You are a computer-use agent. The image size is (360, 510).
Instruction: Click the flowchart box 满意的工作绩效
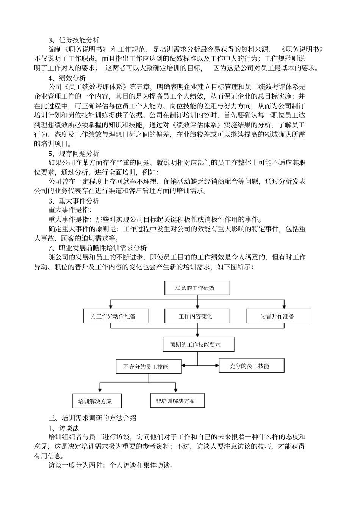(197, 288)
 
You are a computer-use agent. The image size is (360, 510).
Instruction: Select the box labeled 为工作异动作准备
(116, 316)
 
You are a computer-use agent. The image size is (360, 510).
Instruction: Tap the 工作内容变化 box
(197, 316)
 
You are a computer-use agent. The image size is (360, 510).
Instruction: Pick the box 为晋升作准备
(279, 316)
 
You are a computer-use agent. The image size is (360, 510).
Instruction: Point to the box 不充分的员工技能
(149, 367)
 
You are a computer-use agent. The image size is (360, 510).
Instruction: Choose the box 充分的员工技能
(252, 366)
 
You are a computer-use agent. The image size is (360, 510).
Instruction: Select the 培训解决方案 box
(97, 401)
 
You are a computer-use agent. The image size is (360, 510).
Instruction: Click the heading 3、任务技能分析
(74, 40)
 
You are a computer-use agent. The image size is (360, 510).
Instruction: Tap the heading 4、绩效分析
(67, 78)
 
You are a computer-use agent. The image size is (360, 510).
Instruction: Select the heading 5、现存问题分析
(74, 153)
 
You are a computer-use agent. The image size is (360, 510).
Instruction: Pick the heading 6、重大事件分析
(74, 201)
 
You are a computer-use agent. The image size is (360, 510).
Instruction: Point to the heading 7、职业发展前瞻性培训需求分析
(97, 248)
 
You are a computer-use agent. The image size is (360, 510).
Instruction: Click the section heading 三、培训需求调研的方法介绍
(92, 418)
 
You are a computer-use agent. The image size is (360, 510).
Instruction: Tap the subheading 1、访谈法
(64, 428)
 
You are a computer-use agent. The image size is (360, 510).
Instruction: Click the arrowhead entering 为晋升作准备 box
(283, 307)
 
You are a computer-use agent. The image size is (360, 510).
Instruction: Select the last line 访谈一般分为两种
(111, 465)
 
